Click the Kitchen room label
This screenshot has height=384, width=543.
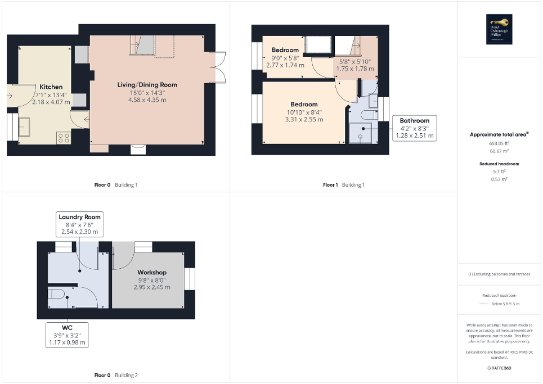coord(51,87)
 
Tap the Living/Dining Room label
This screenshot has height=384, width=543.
coord(147,85)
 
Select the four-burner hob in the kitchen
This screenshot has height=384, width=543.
coord(64,137)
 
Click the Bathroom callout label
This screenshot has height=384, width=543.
coord(414,121)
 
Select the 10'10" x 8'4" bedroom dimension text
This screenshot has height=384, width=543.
coord(304,112)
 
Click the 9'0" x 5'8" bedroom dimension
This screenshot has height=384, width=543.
coord(285,58)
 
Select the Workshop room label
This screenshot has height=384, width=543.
coord(151,272)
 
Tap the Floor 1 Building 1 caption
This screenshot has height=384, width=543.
coord(343,185)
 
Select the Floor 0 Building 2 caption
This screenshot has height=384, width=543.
coord(116,375)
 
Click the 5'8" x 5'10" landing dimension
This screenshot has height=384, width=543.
coord(355,62)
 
